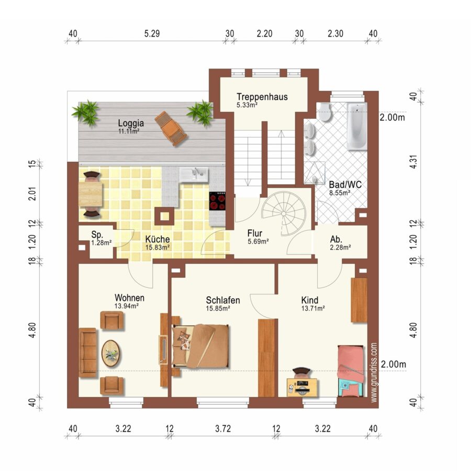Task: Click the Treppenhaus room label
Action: (262, 97)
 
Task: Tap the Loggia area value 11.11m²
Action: (129, 131)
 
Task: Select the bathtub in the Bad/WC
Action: (357, 126)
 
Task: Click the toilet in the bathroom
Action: (324, 111)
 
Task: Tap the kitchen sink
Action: (194, 174)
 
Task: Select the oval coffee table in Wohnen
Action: (111, 353)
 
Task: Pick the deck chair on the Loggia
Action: (171, 129)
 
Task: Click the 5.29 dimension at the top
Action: (152, 33)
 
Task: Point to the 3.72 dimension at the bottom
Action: (223, 429)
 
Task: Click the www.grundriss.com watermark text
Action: (374, 373)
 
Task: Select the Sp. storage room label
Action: (97, 234)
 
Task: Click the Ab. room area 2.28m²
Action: (340, 248)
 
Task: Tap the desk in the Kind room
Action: (302, 387)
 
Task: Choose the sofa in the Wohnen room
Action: (88, 352)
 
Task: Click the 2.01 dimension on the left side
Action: (33, 194)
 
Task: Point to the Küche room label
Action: (158, 239)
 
